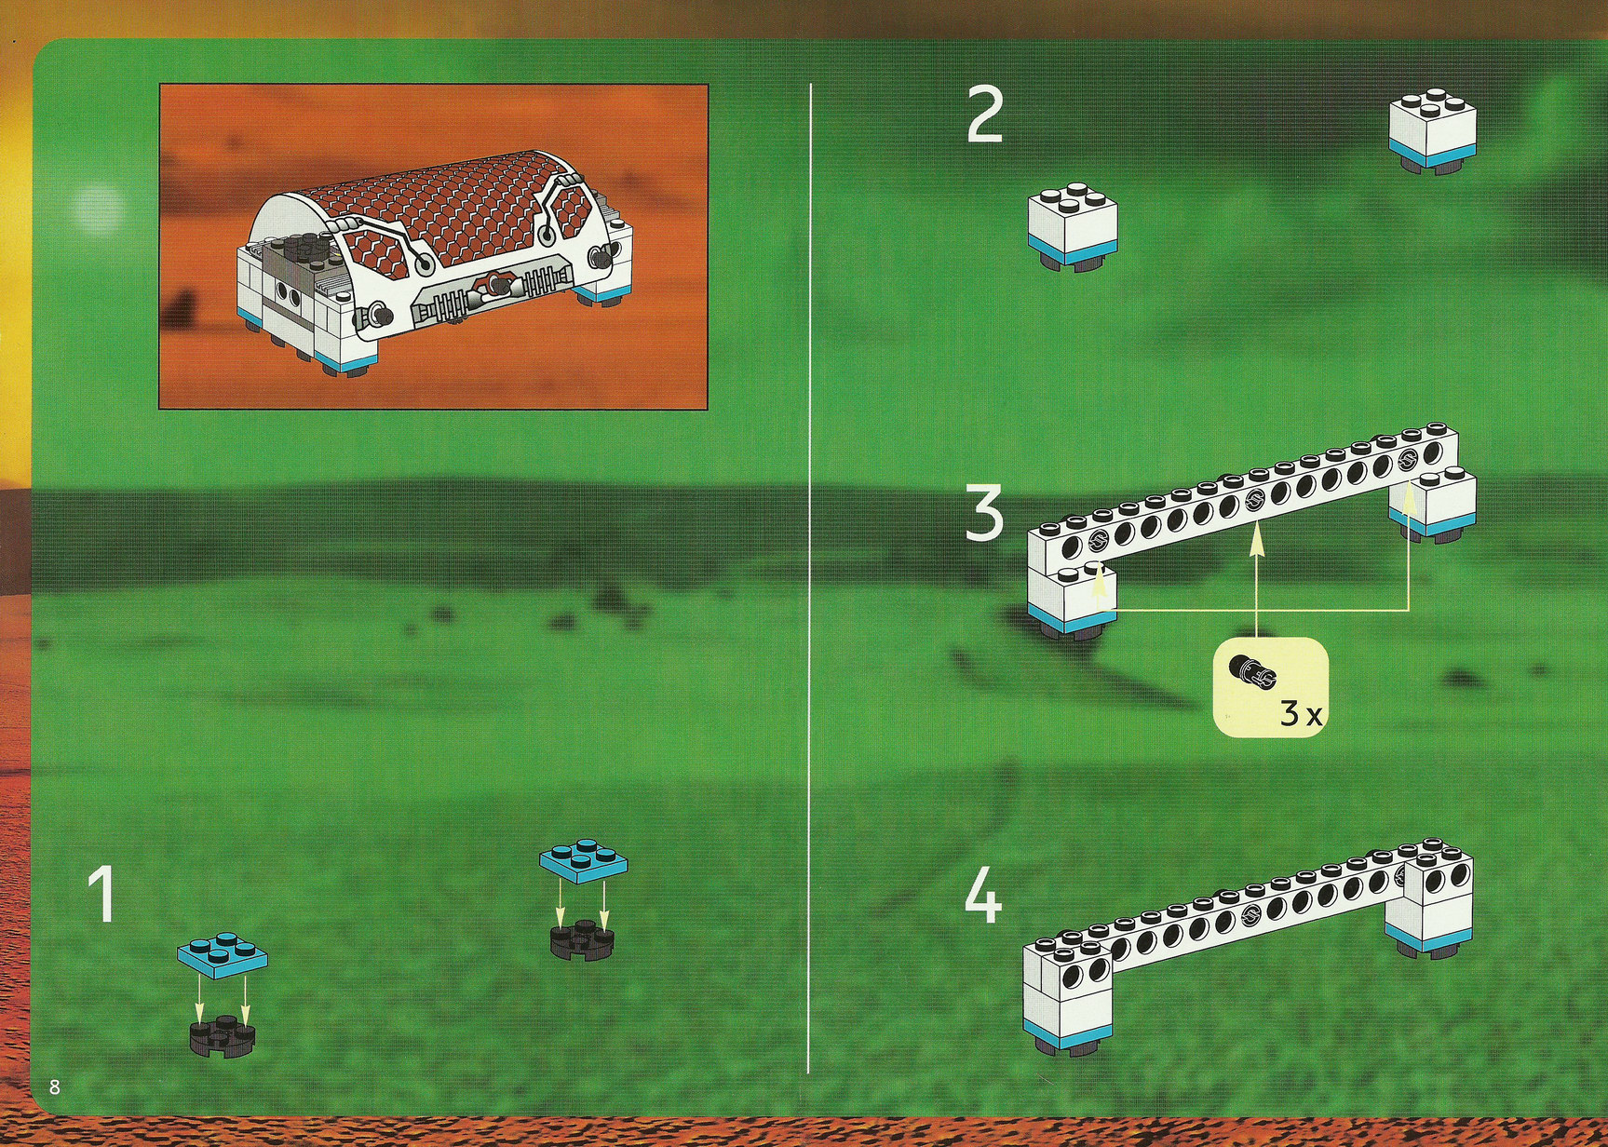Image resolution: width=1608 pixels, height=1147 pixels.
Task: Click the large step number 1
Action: [x=101, y=895]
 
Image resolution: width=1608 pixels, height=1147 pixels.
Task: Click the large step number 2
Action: [x=985, y=115]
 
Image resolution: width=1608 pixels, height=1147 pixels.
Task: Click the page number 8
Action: [x=55, y=1086]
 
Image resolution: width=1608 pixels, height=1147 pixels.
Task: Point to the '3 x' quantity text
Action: [x=1301, y=715]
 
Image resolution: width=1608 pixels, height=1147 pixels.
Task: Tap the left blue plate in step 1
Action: [x=222, y=956]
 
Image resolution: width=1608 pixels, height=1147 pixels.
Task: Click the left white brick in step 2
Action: [x=1072, y=228]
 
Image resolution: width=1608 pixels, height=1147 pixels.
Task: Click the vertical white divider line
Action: [x=810, y=577]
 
